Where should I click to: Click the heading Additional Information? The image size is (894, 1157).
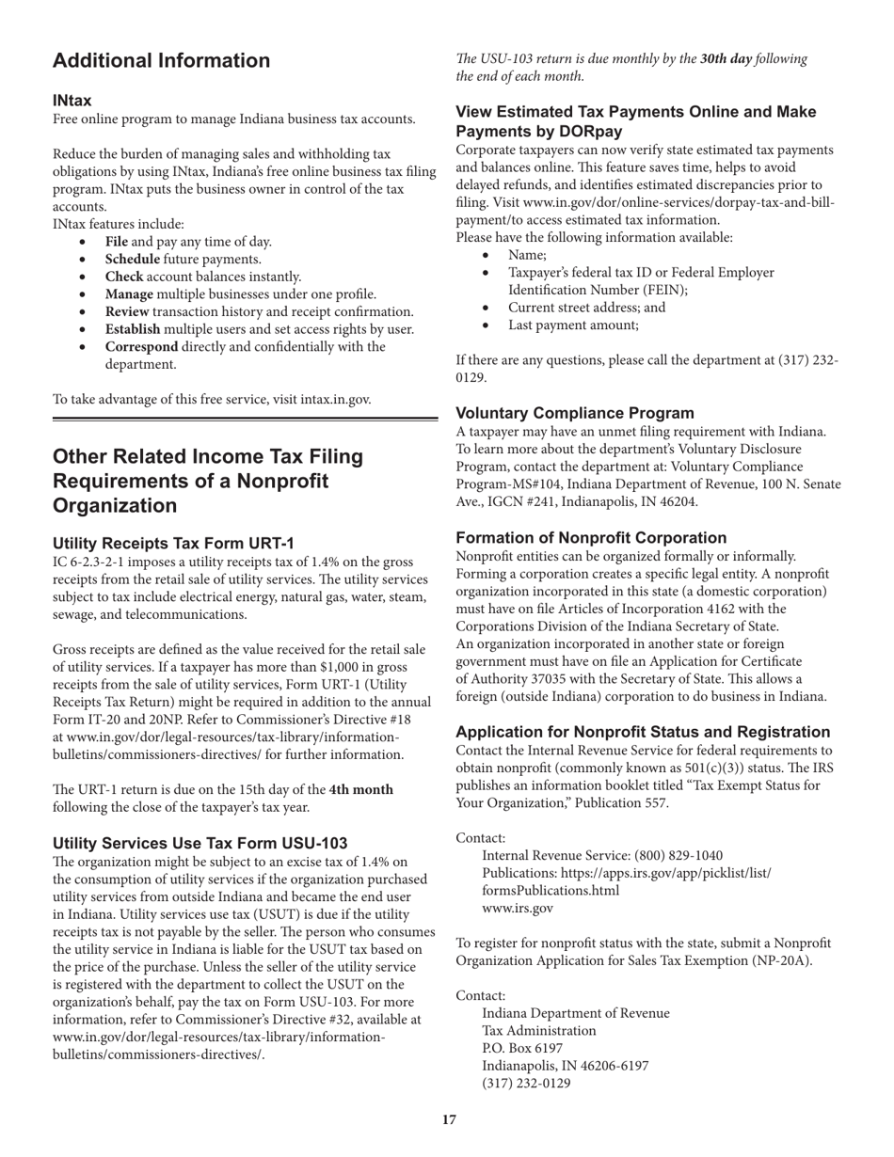pos(161,61)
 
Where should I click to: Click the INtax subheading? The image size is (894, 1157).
pos(72,101)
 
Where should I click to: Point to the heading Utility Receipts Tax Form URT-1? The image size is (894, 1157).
pos(173,543)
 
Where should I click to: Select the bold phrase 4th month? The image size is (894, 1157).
pos(360,789)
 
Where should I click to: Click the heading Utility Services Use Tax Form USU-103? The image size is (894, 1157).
pos(200,842)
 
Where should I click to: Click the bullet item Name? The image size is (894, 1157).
pos(527,255)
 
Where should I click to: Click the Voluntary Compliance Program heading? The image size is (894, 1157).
pos(575,413)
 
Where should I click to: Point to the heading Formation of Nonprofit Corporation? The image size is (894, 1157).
pos(591,538)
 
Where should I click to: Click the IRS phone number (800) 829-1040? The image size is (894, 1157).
pos(678,855)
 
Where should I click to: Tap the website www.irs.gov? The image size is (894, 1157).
pos(517,908)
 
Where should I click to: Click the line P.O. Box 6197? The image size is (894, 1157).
pos(522,1048)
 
